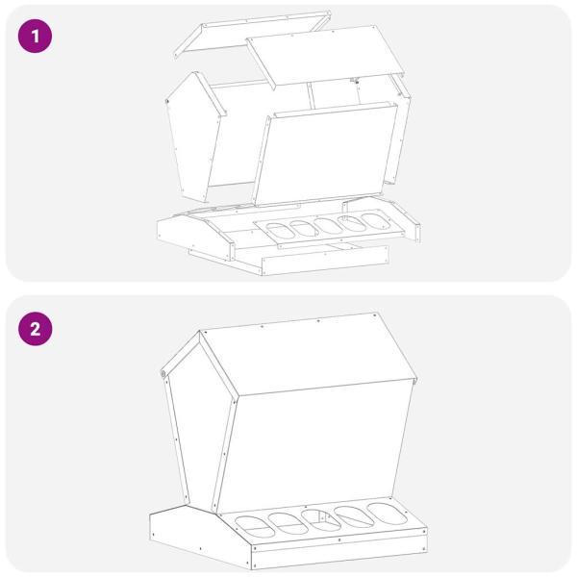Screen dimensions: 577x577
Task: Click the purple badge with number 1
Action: [35, 37]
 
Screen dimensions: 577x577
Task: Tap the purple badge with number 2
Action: [35, 329]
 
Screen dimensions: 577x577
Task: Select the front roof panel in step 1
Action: [325, 56]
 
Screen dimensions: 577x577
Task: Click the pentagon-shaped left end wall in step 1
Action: [194, 137]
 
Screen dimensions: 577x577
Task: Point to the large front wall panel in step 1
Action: [326, 154]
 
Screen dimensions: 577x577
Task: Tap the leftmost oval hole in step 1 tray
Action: [281, 231]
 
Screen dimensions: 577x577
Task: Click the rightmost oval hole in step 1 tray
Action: [375, 221]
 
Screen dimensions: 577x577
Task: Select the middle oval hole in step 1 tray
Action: [328, 226]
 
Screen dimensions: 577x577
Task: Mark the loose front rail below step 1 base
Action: [325, 260]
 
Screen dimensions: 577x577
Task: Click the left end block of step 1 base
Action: [196, 237]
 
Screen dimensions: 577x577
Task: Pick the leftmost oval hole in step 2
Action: [255, 527]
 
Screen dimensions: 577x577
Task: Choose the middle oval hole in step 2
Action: [321, 520]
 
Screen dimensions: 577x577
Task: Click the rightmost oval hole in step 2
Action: [388, 514]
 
